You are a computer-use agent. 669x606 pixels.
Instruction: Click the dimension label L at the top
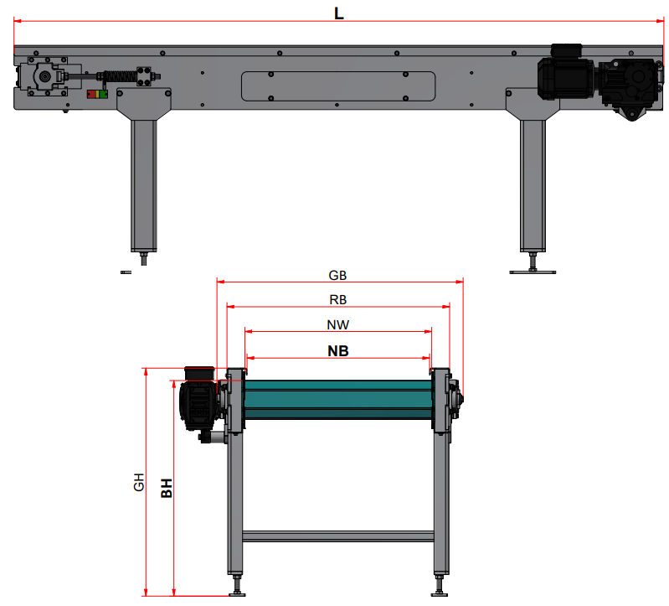tap(339, 13)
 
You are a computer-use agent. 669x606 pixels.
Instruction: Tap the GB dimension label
tap(337, 276)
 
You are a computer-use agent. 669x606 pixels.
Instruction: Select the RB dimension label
tap(338, 300)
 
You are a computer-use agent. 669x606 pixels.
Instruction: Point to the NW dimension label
tap(338, 325)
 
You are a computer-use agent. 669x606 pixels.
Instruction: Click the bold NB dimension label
tap(338, 351)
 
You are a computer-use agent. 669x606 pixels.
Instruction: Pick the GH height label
tap(139, 482)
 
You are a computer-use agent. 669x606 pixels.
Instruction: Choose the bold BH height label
tap(167, 488)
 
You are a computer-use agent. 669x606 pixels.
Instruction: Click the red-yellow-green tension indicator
tap(97, 94)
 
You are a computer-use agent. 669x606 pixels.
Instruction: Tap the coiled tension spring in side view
tap(120, 77)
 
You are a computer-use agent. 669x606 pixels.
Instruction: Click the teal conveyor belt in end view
tap(338, 399)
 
